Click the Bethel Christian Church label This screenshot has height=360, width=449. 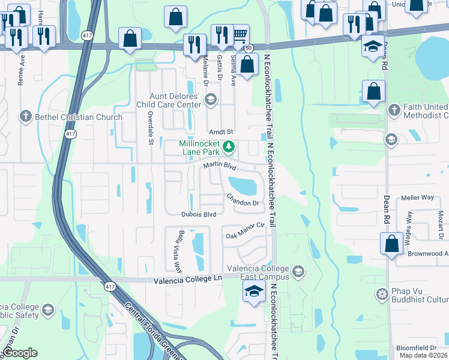pyautogui.click(x=77, y=117)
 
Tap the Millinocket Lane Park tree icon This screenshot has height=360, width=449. pyautogui.click(x=228, y=146)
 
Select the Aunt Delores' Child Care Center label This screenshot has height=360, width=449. pyautogui.click(x=176, y=100)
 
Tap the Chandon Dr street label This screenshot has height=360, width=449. pyautogui.click(x=243, y=200)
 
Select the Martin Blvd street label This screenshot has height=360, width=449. pyautogui.click(x=220, y=165)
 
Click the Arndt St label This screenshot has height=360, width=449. pyautogui.click(x=220, y=132)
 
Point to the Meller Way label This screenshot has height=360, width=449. pyautogui.click(x=417, y=197)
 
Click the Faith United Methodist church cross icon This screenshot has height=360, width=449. pyautogui.click(x=394, y=110)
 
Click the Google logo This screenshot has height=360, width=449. pyautogui.click(x=20, y=352)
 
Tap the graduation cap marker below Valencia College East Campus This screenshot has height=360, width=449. pyautogui.click(x=254, y=292)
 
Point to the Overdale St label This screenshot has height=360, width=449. pyautogui.click(x=151, y=128)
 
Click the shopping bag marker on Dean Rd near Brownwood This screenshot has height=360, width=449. pyautogui.click(x=391, y=244)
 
